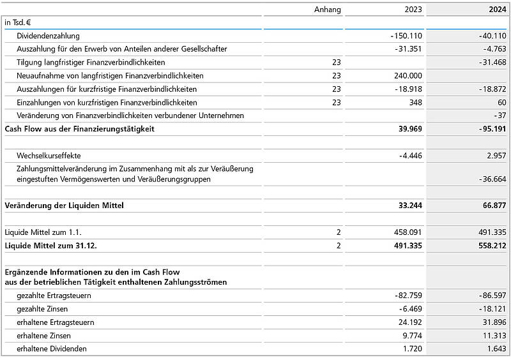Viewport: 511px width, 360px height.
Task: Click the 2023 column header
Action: (x=413, y=10)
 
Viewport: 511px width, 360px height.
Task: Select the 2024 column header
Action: (x=497, y=10)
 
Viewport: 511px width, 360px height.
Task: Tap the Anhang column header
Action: (x=328, y=10)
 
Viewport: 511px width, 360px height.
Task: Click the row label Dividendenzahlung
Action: (x=49, y=36)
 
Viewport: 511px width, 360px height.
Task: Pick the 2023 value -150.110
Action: (x=406, y=36)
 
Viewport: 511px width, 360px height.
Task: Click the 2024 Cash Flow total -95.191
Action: (x=491, y=129)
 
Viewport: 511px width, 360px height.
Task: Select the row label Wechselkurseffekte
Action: (x=49, y=155)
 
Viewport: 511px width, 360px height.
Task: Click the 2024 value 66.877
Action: (x=492, y=206)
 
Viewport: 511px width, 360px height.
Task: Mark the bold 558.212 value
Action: (x=490, y=245)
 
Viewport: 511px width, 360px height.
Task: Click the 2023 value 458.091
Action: (x=408, y=232)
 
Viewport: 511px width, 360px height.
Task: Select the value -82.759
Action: (x=408, y=296)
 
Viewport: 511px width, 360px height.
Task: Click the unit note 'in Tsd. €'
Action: (x=17, y=22)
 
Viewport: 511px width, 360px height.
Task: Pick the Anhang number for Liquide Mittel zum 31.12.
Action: (x=339, y=245)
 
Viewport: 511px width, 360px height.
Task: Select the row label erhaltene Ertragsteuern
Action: (x=56, y=322)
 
